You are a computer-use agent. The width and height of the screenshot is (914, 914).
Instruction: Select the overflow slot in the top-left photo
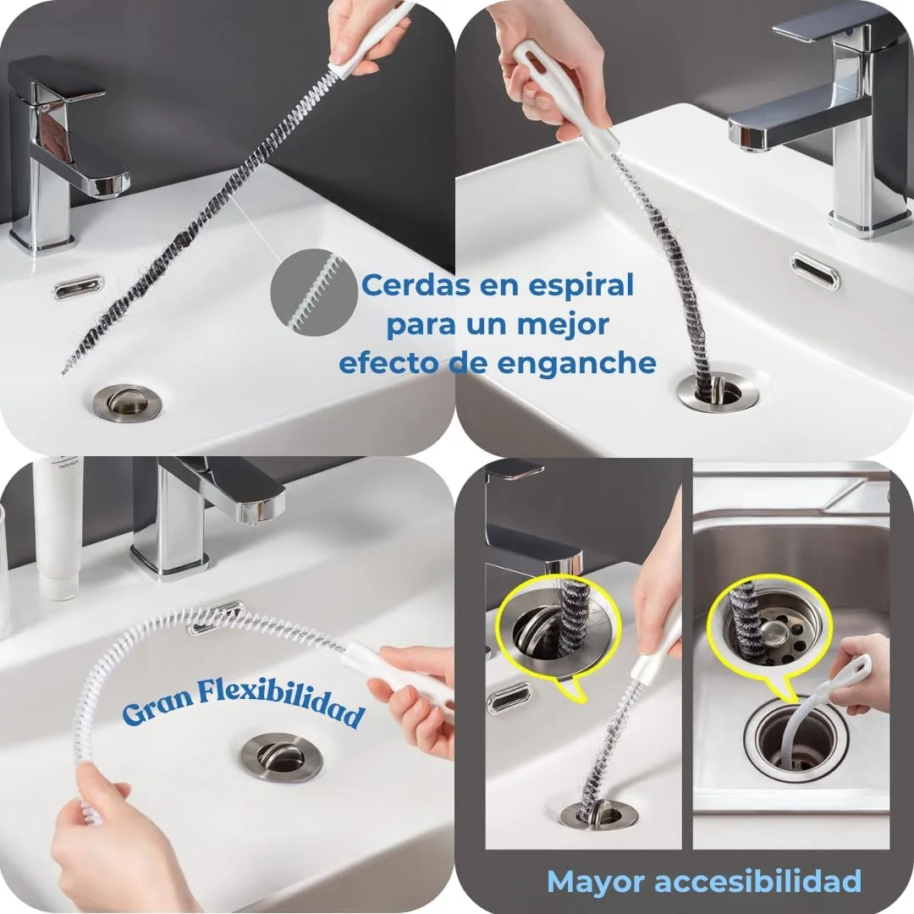click(x=78, y=287)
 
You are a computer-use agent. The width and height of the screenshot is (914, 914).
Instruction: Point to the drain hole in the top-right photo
click(x=716, y=390)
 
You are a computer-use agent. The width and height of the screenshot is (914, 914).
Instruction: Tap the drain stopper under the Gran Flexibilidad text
click(x=281, y=756)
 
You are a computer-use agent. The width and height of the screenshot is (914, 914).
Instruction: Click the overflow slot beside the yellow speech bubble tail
click(x=509, y=697)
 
